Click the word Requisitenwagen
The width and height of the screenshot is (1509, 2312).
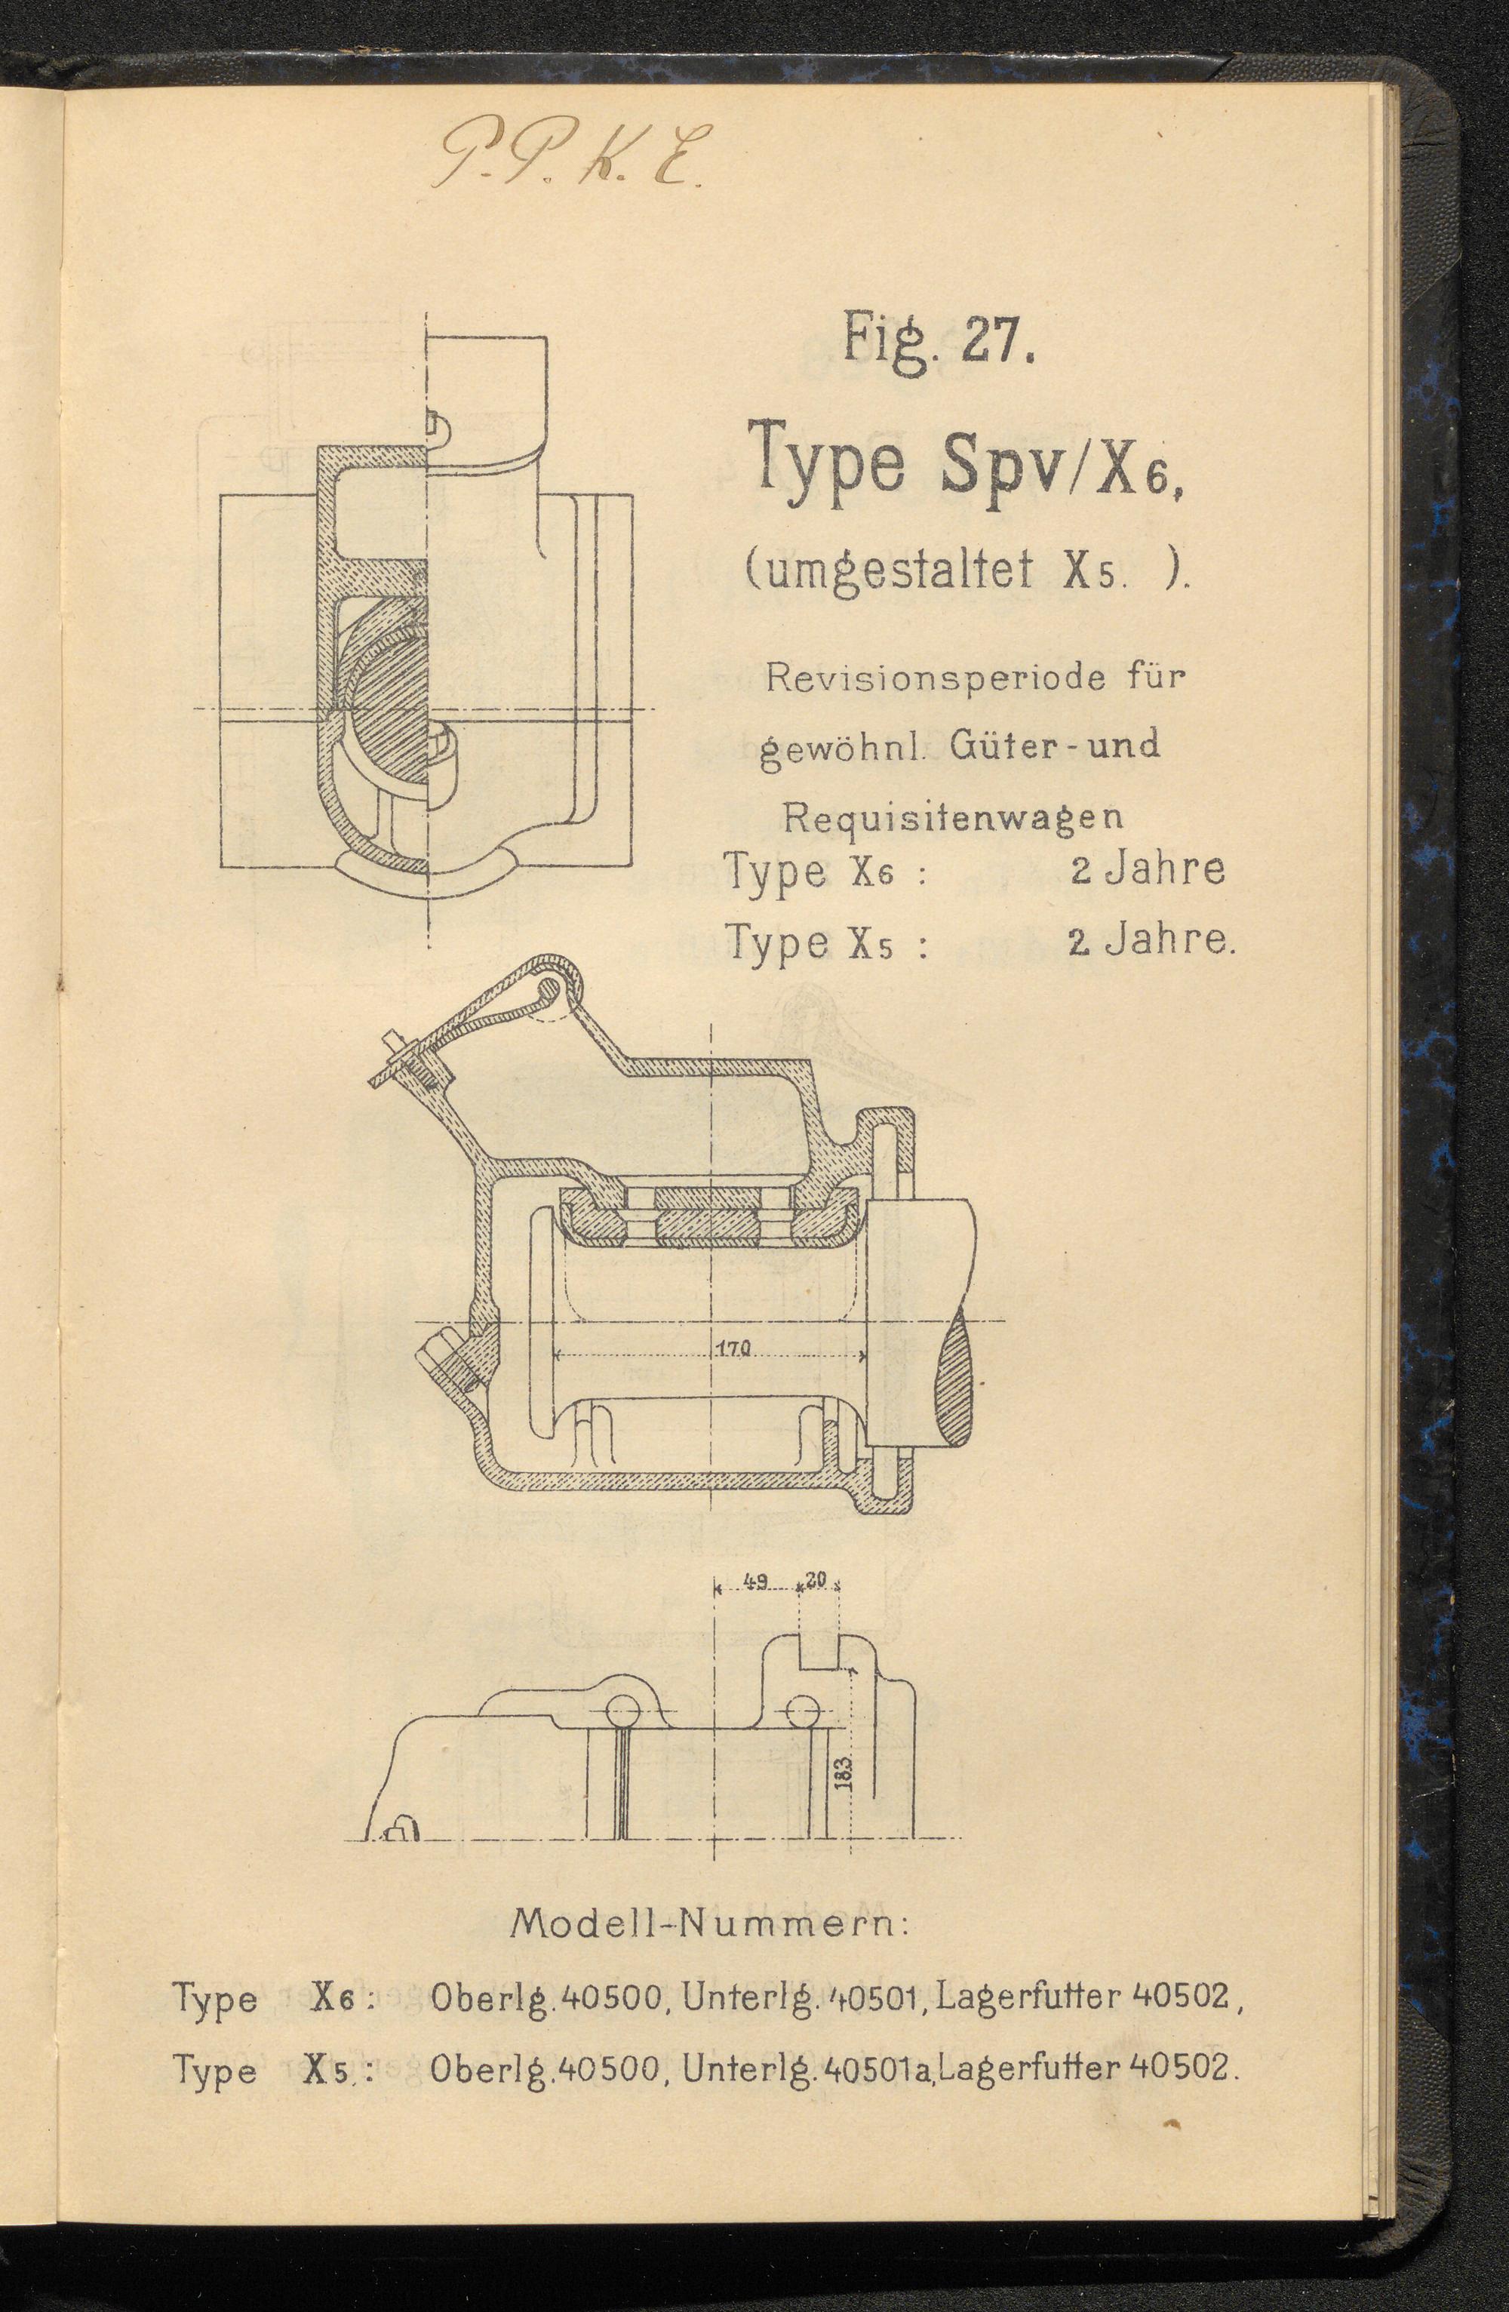point(954,817)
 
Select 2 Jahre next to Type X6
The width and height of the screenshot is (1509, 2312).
point(1147,868)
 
